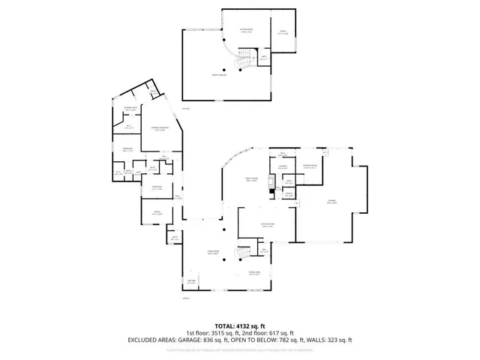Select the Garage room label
click(x=331, y=201)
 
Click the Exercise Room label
click(x=308, y=166)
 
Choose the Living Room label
click(x=213, y=253)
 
